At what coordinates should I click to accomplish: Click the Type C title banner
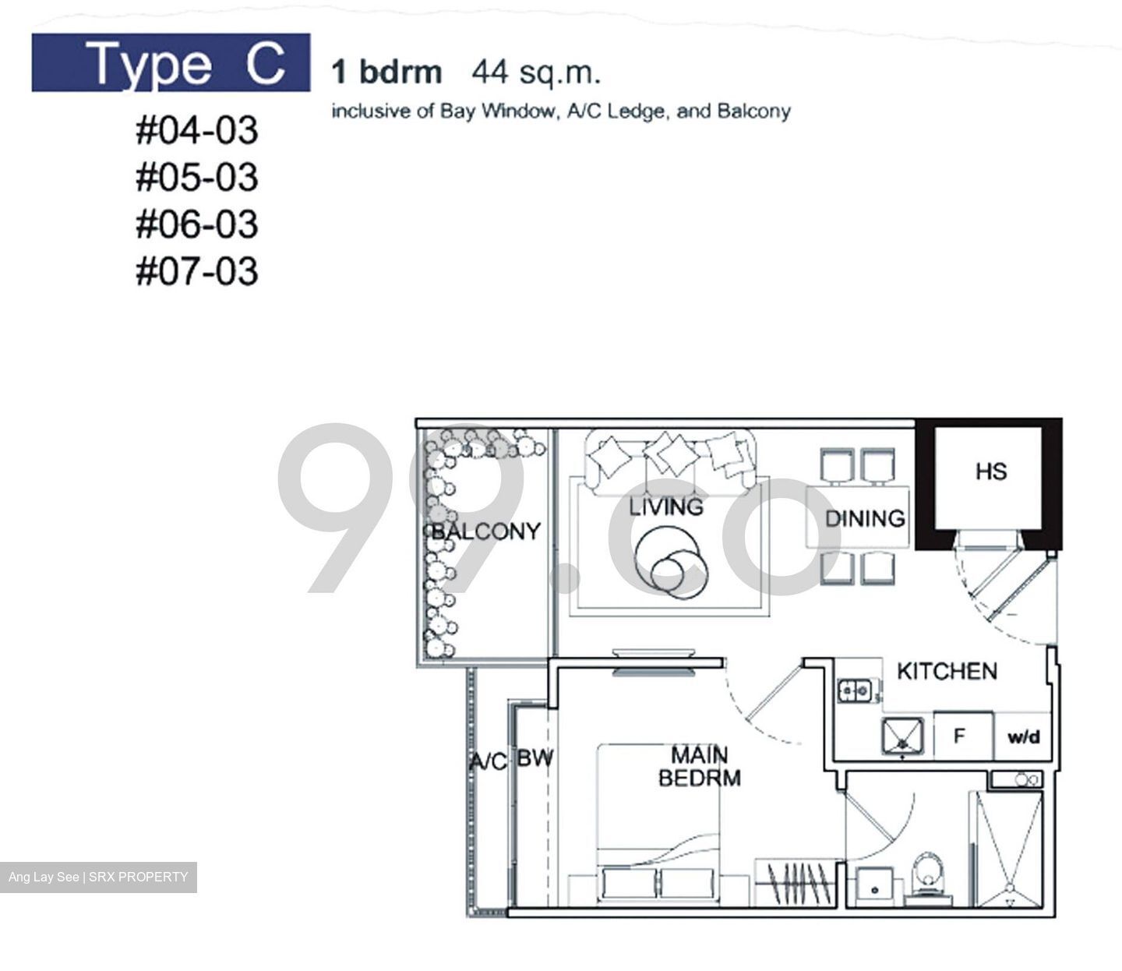pos(171,63)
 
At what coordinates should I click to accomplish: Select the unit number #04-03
pos(196,130)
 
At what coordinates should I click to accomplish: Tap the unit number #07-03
pos(196,272)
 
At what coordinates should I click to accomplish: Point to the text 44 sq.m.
pos(536,72)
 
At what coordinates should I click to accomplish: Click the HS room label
pos(990,471)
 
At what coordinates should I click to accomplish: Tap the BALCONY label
pos(485,531)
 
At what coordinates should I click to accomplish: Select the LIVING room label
pos(666,507)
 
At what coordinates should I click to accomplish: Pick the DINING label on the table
pos(865,518)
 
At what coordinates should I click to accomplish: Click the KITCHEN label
pos(947,671)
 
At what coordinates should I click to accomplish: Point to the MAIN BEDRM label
pos(700,766)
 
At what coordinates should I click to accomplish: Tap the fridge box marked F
pos(961,736)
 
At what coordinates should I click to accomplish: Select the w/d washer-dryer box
pos(1023,736)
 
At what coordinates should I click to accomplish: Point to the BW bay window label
pos(535,757)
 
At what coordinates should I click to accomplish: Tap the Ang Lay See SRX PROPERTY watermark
pos(98,877)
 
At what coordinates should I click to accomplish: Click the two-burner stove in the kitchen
pos(856,689)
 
